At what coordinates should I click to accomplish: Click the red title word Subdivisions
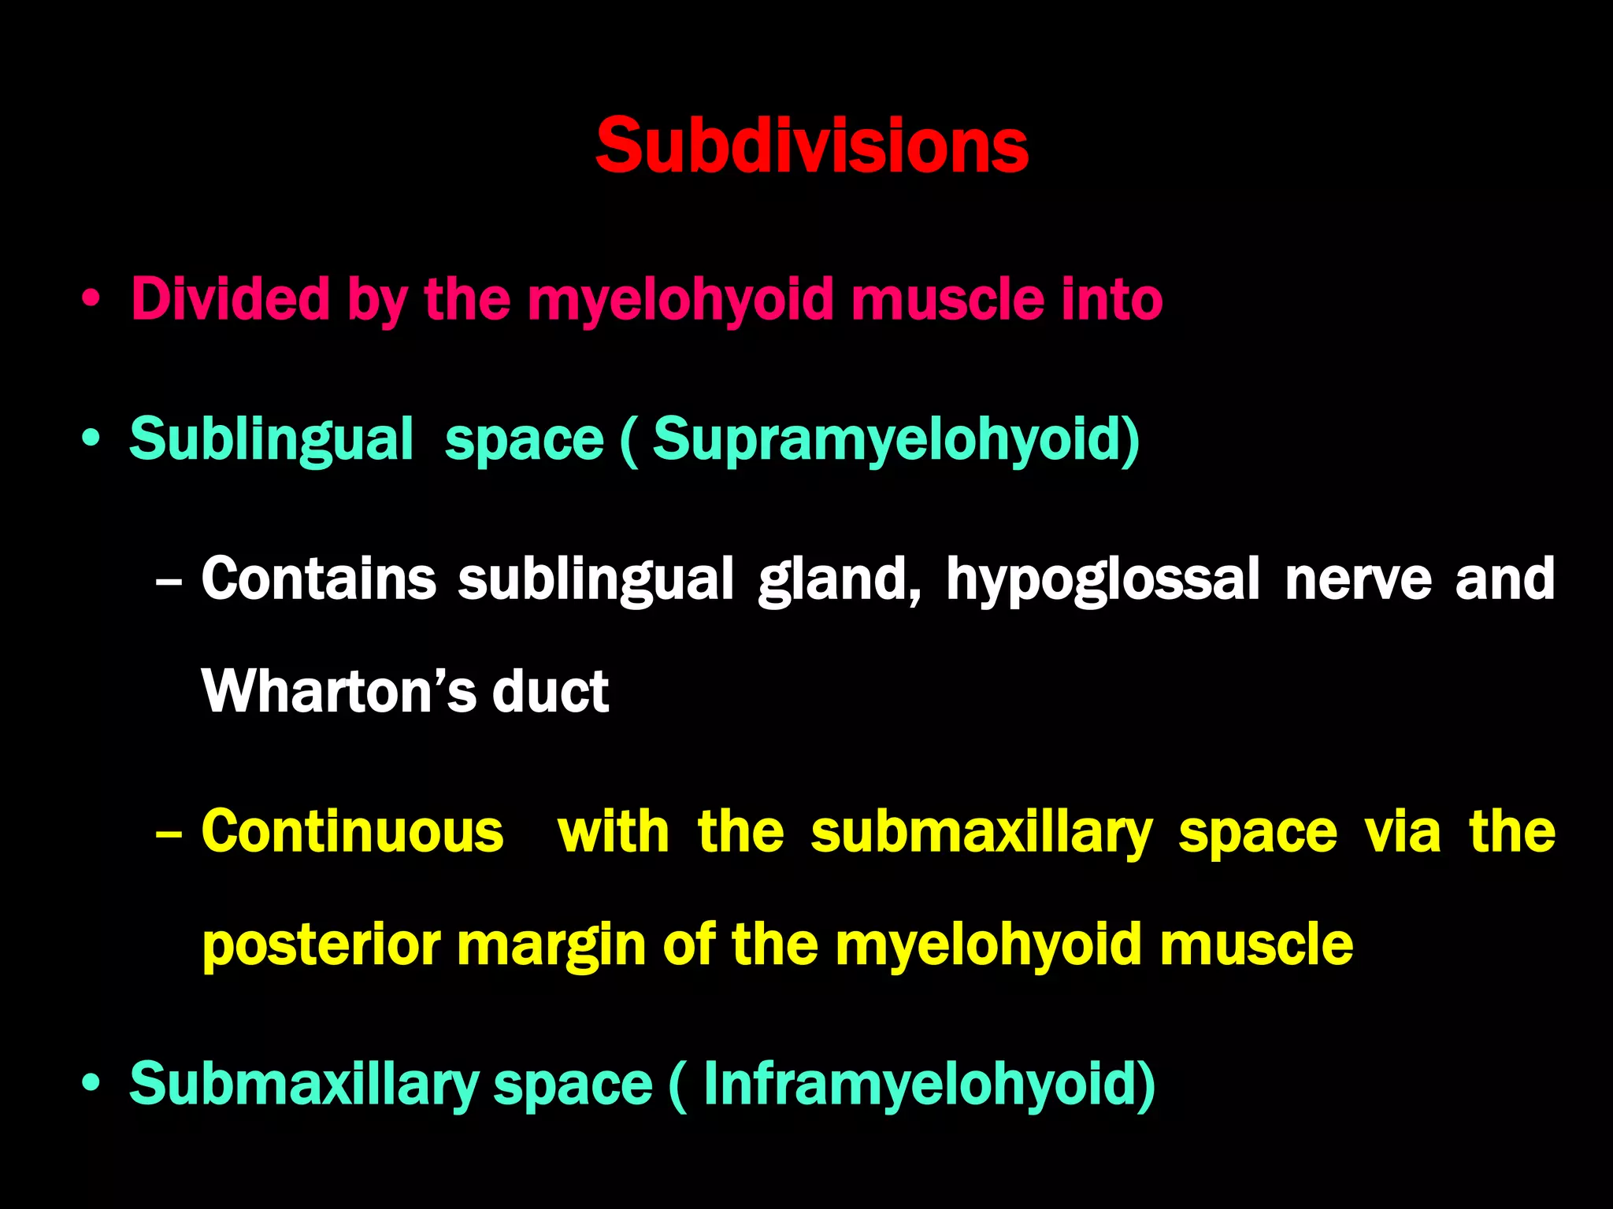point(811,146)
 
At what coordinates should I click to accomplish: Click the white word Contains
point(318,580)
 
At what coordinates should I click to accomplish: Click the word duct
point(551,692)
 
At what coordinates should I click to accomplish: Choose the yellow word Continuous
point(352,832)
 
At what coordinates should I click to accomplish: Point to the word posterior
point(321,946)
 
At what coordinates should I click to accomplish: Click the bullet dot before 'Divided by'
point(91,300)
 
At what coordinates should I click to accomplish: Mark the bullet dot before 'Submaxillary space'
point(91,1084)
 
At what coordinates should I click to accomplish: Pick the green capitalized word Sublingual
point(271,440)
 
